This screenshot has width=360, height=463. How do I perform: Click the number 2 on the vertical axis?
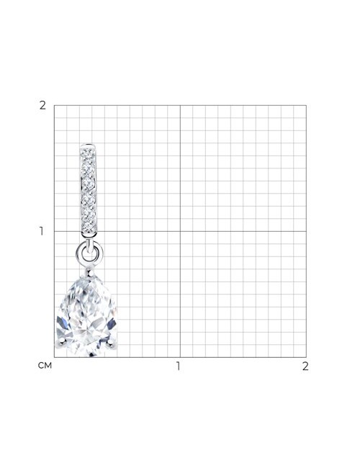42,105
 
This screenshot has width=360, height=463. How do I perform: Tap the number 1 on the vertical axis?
42,231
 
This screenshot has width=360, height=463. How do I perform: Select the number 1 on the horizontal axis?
178,366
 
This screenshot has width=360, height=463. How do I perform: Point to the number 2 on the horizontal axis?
305,366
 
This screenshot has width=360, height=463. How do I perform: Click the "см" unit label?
45,366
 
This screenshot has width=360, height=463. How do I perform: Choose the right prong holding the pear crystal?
112,343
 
